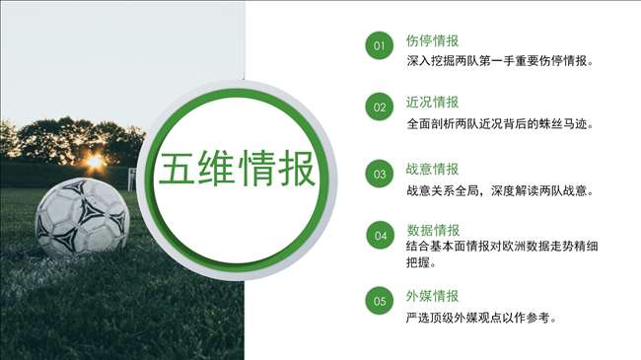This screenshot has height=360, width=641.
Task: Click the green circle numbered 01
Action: click(x=380, y=45)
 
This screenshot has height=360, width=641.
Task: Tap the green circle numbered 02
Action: click(x=380, y=107)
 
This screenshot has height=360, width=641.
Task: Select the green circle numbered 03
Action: click(x=380, y=174)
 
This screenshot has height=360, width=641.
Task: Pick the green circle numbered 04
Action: click(x=381, y=235)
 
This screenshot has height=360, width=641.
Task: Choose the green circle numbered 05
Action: click(x=380, y=301)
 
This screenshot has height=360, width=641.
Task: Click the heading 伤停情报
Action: click(x=432, y=40)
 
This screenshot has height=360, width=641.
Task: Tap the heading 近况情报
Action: click(x=432, y=103)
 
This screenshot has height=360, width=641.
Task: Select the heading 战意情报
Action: click(x=432, y=169)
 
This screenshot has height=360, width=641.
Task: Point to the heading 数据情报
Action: click(x=433, y=231)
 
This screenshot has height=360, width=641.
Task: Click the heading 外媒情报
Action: click(x=432, y=296)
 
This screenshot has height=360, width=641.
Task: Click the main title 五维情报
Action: click(x=237, y=168)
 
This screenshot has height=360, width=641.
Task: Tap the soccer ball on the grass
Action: click(x=82, y=217)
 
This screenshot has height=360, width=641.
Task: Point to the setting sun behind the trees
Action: click(x=95, y=162)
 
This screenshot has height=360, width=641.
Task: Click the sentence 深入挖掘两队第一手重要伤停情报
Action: click(x=500, y=61)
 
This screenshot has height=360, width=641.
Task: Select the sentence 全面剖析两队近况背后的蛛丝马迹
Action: click(x=500, y=123)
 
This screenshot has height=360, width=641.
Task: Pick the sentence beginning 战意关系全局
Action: click(x=500, y=190)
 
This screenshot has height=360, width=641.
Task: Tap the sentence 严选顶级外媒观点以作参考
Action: click(x=482, y=318)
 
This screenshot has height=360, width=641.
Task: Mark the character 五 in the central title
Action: click(x=177, y=168)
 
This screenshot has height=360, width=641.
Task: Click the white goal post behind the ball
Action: click(x=131, y=179)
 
